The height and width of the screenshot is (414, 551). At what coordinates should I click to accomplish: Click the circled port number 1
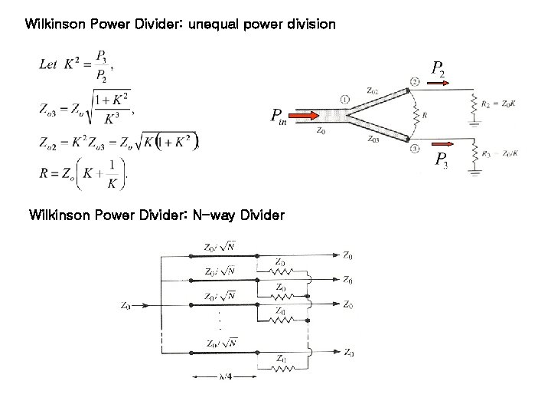345,99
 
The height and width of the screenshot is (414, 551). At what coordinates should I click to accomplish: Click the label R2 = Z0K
497,100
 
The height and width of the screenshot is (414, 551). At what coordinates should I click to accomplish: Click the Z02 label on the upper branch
372,90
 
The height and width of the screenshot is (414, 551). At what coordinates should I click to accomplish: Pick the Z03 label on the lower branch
372,139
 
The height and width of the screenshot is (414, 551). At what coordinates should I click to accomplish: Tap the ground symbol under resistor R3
476,173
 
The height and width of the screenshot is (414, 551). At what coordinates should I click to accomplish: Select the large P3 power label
442,159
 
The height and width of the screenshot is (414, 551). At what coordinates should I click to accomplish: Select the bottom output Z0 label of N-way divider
348,353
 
